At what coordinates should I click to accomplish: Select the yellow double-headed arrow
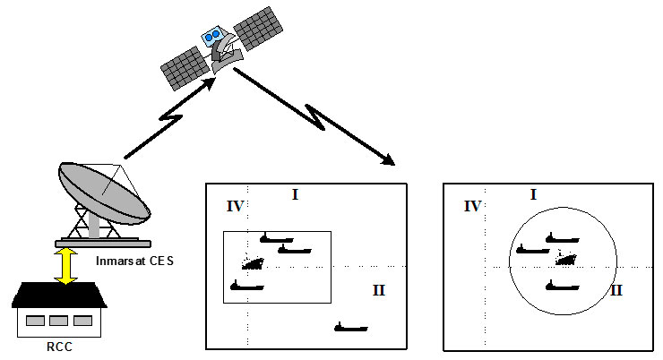click(64, 267)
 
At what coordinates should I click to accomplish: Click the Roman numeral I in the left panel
click(295, 194)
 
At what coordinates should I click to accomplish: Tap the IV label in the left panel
click(236, 208)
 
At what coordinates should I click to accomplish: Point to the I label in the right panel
click(533, 193)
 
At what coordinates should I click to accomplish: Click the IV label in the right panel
click(473, 207)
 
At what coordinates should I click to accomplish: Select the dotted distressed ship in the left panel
click(253, 263)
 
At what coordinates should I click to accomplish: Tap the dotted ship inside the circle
click(565, 259)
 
